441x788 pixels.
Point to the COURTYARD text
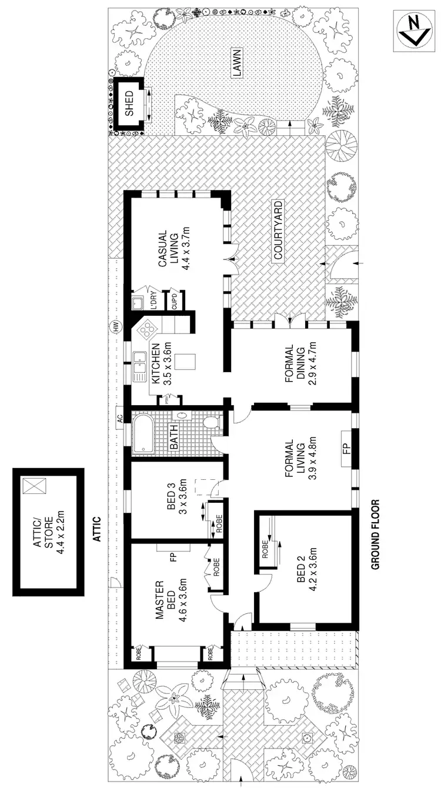pyautogui.click(x=278, y=231)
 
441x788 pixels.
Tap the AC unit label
pyautogui.click(x=121, y=419)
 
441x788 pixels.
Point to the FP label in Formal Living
pyautogui.click(x=346, y=450)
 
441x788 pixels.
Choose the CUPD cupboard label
pyautogui.click(x=175, y=301)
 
